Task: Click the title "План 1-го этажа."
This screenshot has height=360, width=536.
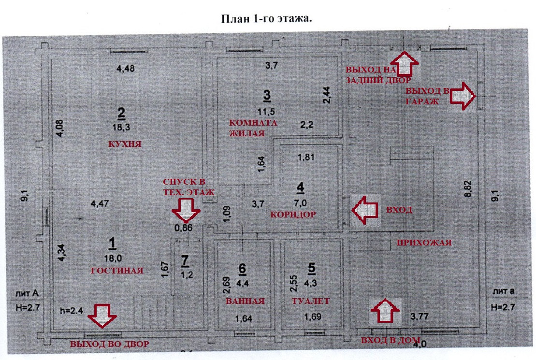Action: pyautogui.click(x=267, y=19)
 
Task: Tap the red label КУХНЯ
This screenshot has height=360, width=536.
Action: pyautogui.click(x=125, y=144)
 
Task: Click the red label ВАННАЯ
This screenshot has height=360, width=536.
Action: pyautogui.click(x=245, y=301)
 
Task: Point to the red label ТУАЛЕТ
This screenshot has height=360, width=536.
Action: pyautogui.click(x=310, y=301)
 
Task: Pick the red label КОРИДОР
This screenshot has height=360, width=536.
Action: pyautogui.click(x=293, y=214)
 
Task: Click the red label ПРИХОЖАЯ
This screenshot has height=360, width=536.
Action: pyautogui.click(x=423, y=243)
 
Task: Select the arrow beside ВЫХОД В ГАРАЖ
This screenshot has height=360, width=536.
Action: pyautogui.click(x=463, y=95)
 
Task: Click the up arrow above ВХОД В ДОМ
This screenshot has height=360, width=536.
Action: pyautogui.click(x=385, y=310)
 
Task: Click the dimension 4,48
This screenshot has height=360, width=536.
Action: pyautogui.click(x=125, y=68)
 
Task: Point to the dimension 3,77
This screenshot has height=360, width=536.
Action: pyautogui.click(x=419, y=317)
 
